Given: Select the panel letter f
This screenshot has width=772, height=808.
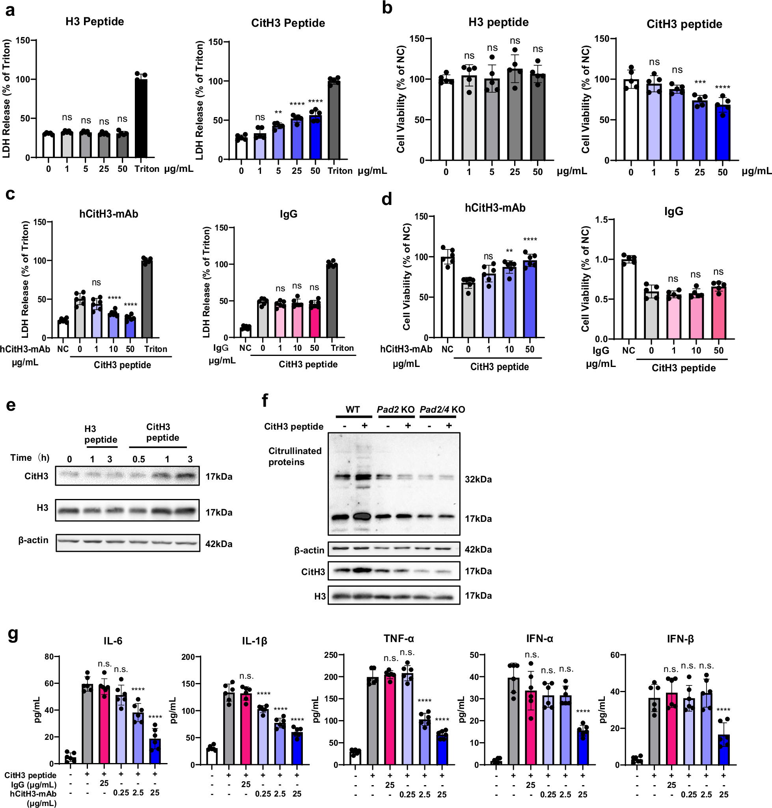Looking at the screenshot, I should tap(265, 400).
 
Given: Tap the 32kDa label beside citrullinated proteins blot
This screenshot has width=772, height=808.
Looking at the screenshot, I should tap(478, 479).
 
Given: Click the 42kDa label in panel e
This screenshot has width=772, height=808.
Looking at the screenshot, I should tap(218, 544).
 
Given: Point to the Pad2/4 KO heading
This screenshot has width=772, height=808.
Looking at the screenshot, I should tap(442, 410).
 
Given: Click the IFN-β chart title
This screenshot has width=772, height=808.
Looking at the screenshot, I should tap(680, 639).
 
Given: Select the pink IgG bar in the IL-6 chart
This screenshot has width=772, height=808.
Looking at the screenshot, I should tap(104, 724).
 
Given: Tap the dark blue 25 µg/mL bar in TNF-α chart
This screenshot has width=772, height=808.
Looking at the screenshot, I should tap(442, 749).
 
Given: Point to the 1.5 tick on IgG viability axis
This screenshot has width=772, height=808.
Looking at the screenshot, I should tap(601, 220).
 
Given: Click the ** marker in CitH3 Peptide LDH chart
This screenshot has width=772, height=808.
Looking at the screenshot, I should tap(278, 113).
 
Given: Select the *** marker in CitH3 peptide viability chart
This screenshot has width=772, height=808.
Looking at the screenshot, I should tap(699, 82).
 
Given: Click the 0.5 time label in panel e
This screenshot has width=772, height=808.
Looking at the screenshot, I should tap(139, 459).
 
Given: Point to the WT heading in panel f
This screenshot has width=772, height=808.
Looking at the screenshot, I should tap(352, 410).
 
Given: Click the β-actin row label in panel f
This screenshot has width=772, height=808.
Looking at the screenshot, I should tap(309, 550).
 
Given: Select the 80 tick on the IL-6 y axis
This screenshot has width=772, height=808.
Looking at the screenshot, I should tap(49, 657).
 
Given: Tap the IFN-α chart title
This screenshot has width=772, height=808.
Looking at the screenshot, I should tap(539, 639).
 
